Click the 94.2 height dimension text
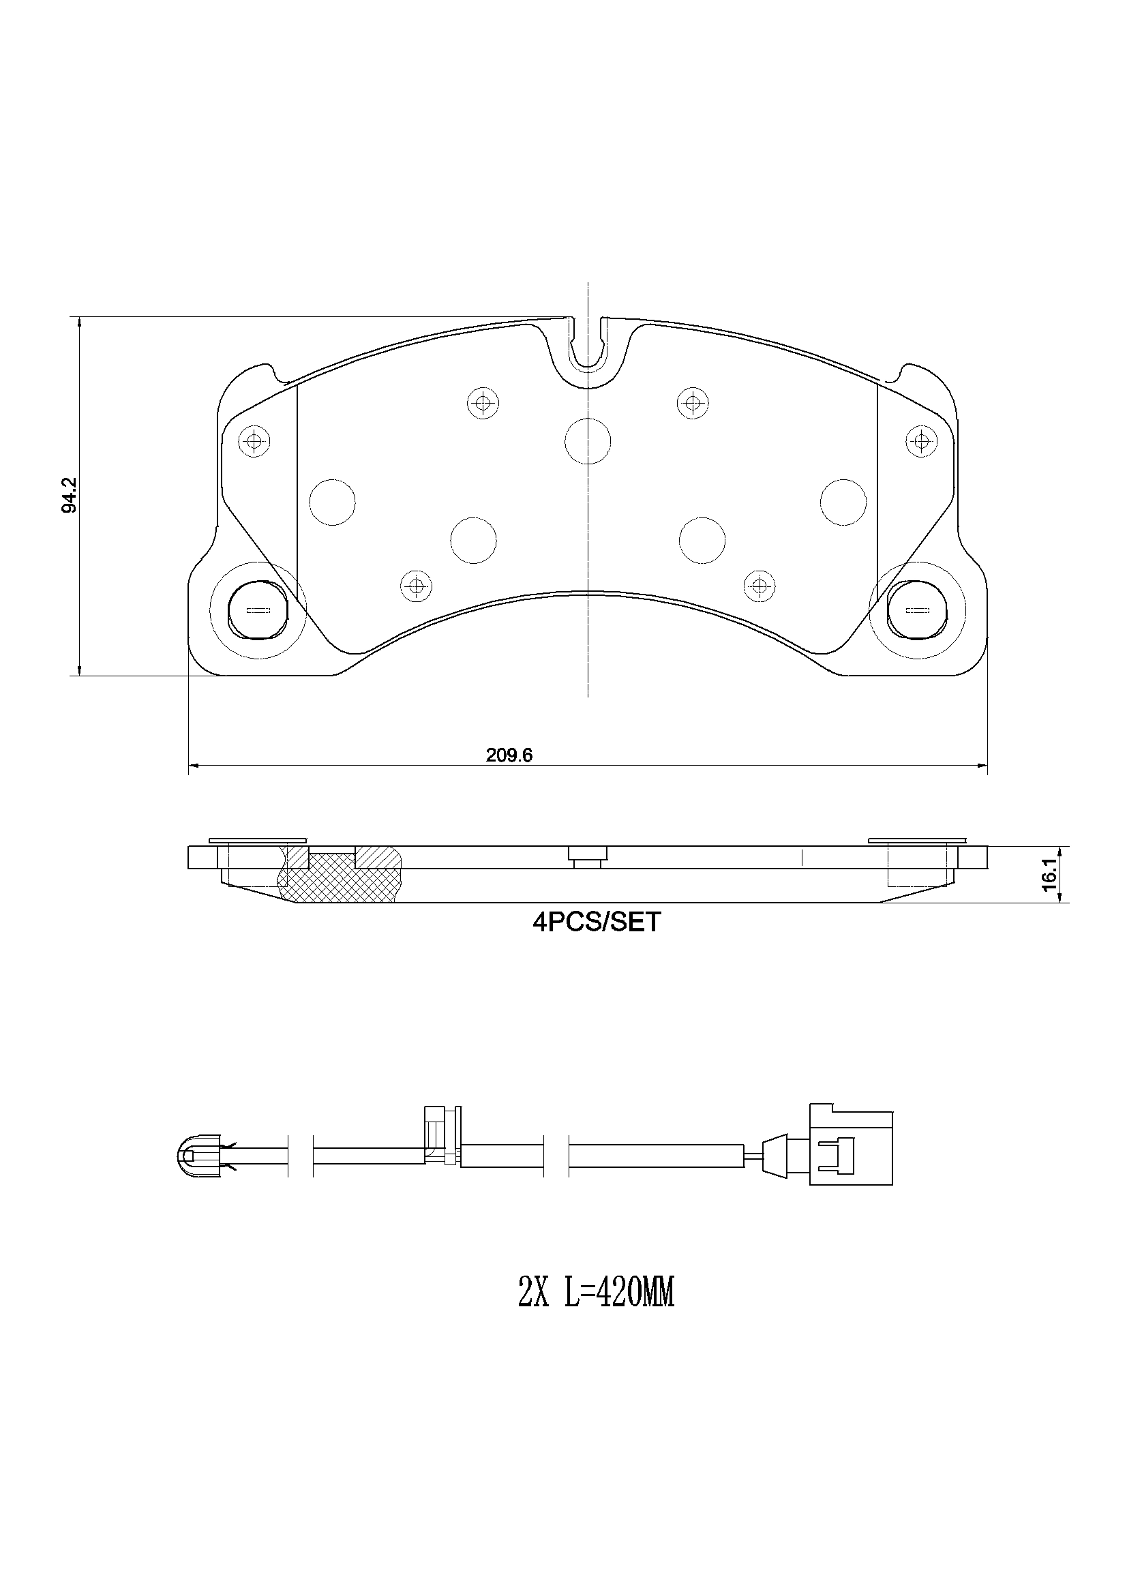tap(69, 496)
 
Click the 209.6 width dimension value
tap(509, 756)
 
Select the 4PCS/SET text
tap(597, 922)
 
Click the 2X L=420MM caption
tap(596, 1295)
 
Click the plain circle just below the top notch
tap(588, 441)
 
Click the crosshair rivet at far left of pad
tap(254, 440)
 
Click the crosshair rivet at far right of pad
tap(921, 440)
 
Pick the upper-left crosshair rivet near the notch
tap(483, 402)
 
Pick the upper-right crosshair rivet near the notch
tap(692, 402)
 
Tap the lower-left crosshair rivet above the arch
tap(416, 586)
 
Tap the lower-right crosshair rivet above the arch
tap(760, 586)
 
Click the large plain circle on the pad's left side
tap(332, 502)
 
